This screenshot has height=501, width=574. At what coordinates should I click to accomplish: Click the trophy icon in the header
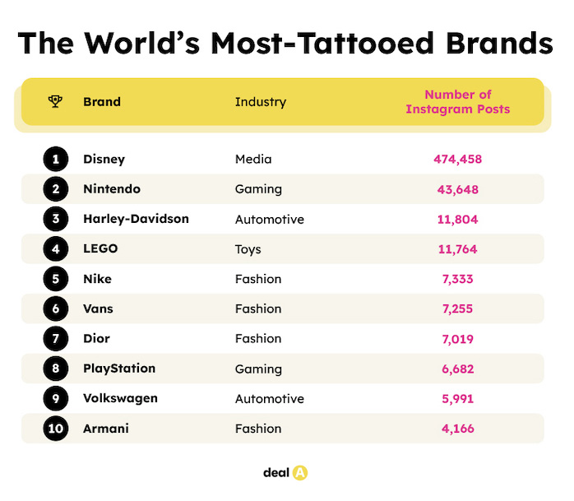[x=55, y=102]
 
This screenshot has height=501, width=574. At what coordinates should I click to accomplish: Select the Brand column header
[x=102, y=102]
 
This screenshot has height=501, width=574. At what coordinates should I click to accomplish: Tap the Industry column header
[x=261, y=102]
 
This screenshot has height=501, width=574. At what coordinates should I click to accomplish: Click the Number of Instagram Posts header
[x=457, y=102]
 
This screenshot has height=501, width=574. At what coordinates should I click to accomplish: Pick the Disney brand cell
[x=104, y=159]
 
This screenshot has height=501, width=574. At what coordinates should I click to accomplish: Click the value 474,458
[x=457, y=159]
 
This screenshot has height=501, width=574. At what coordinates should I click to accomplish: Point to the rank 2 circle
[x=55, y=189]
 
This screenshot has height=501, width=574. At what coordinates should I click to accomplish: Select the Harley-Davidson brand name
[x=136, y=219]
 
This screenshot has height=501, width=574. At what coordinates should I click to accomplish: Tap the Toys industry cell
[x=249, y=249]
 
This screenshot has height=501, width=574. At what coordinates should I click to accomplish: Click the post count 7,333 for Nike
[x=457, y=279]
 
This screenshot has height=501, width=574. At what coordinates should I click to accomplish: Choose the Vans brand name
[x=99, y=308]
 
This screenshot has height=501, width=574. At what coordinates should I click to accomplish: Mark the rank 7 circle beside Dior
[x=55, y=338]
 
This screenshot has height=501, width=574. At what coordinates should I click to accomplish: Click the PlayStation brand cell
[x=119, y=369]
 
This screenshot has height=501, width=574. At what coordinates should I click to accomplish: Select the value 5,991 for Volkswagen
[x=457, y=398]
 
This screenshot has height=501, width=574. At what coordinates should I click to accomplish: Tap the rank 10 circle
[x=55, y=428]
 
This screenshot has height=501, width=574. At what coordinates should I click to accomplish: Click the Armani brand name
[x=106, y=428]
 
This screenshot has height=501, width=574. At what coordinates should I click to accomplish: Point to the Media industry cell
[x=253, y=159]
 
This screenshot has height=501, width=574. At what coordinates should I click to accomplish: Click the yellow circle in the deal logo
[x=299, y=473]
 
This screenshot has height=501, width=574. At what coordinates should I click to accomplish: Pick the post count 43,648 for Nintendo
[x=457, y=189]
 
